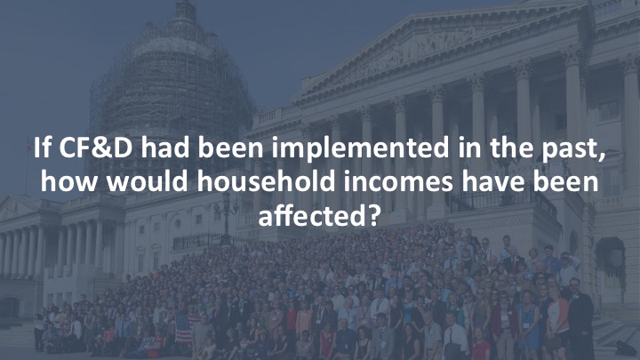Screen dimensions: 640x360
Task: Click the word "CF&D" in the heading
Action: pyautogui.click(x=96, y=148)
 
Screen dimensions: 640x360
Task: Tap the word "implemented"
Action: pyautogui.click(x=360, y=148)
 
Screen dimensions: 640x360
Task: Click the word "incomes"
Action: pyautogui.click(x=398, y=182)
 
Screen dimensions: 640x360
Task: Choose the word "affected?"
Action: pyautogui.click(x=320, y=215)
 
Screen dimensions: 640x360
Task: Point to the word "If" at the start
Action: pyautogui.click(x=42, y=148)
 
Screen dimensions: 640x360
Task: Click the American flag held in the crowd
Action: pyautogui.click(x=183, y=327)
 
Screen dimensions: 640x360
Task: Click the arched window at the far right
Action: pyautogui.click(x=611, y=261)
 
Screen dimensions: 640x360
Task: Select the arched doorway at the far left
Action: pyautogui.click(x=10, y=307)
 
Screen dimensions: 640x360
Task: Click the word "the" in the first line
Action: pyautogui.click(x=512, y=148)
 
